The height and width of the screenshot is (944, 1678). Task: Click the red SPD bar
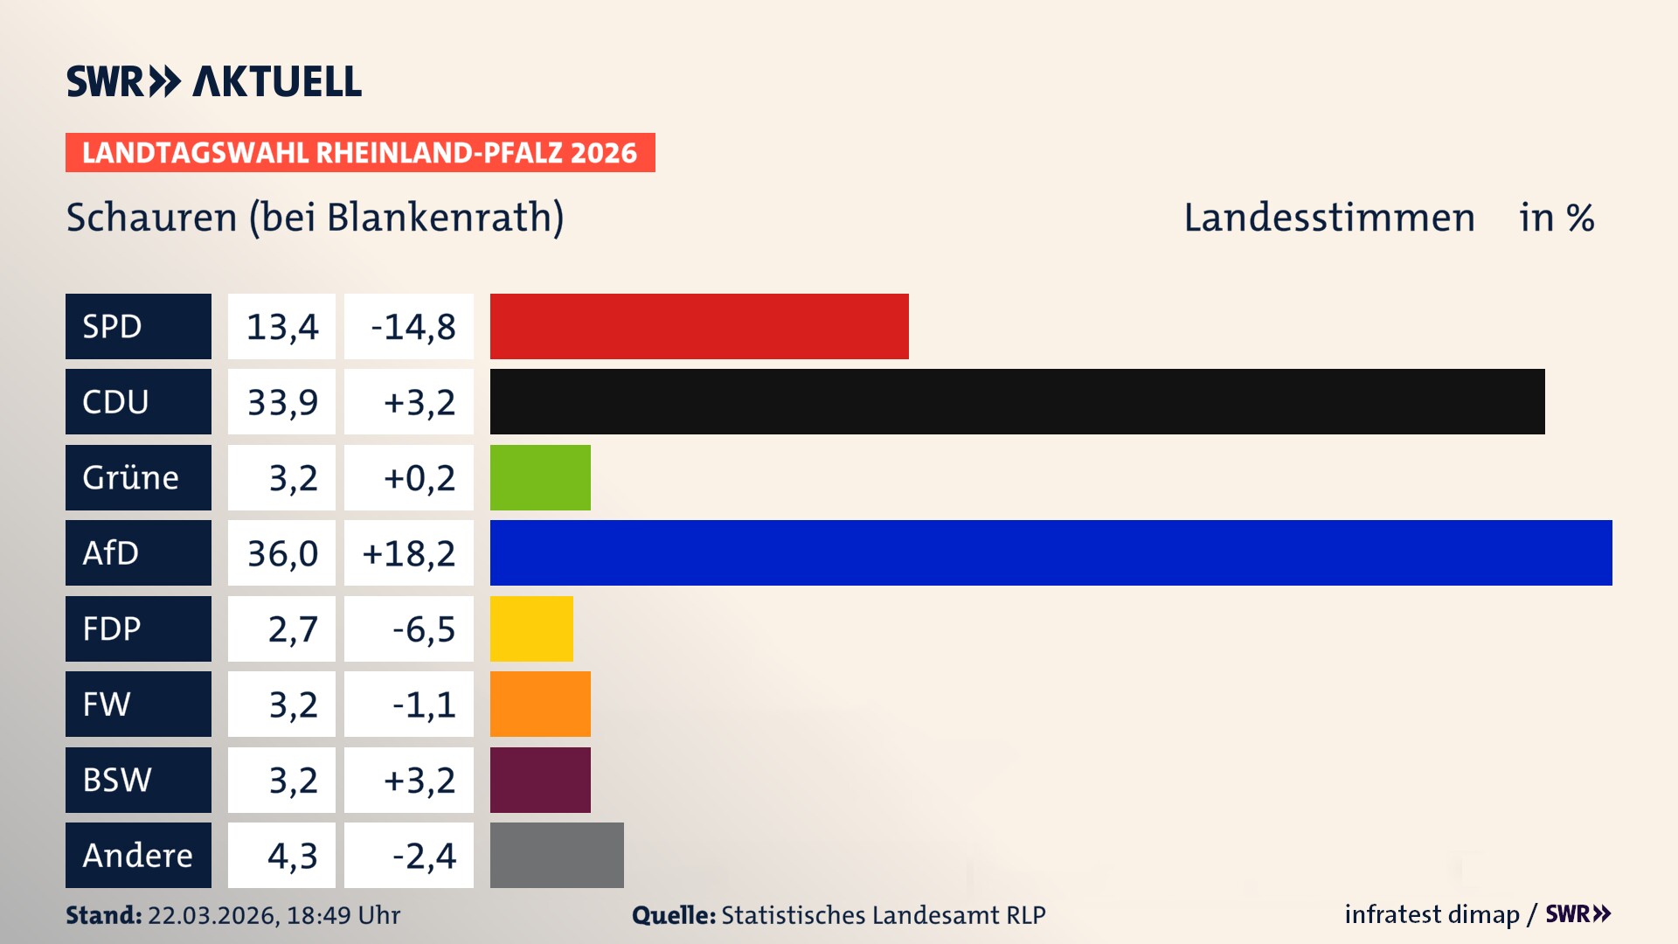tap(699, 326)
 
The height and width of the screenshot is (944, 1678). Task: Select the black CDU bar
tap(1017, 402)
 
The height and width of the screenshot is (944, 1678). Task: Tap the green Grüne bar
tap(540, 477)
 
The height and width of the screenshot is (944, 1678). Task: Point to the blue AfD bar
tap(1050, 552)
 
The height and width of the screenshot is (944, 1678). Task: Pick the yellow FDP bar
tap(531, 628)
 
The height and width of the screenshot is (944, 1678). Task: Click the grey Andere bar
tap(557, 855)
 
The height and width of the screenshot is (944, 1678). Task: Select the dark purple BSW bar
tap(540, 780)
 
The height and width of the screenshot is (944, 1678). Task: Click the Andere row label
tap(138, 855)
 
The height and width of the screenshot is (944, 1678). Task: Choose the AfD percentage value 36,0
tap(281, 553)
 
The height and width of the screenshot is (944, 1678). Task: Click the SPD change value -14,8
tap(413, 327)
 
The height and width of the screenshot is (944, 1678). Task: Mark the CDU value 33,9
tap(281, 402)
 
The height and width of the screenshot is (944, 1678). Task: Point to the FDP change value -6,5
tap(423, 629)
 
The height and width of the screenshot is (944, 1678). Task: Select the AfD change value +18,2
tap(409, 553)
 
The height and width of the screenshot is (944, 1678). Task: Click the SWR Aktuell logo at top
tap(214, 81)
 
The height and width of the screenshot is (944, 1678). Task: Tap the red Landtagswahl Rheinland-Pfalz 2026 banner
tap(359, 153)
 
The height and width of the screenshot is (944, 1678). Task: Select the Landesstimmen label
tap(1328, 218)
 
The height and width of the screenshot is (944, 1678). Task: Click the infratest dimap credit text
tap(1431, 914)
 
